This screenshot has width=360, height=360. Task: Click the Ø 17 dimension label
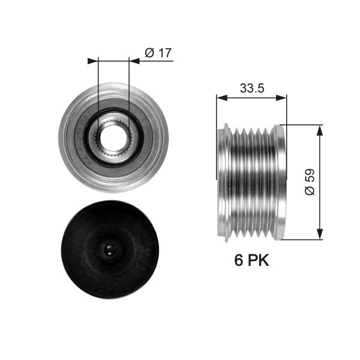pyautogui.click(x=158, y=53)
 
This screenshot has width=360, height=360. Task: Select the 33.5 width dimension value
pyautogui.click(x=252, y=88)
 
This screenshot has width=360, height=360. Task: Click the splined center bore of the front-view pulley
pyautogui.click(x=113, y=137)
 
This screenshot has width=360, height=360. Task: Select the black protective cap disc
pyautogui.click(x=113, y=249)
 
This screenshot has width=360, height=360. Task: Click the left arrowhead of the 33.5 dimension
pyautogui.click(x=220, y=97)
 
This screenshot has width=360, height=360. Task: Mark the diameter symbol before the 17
pyautogui.click(x=149, y=53)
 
